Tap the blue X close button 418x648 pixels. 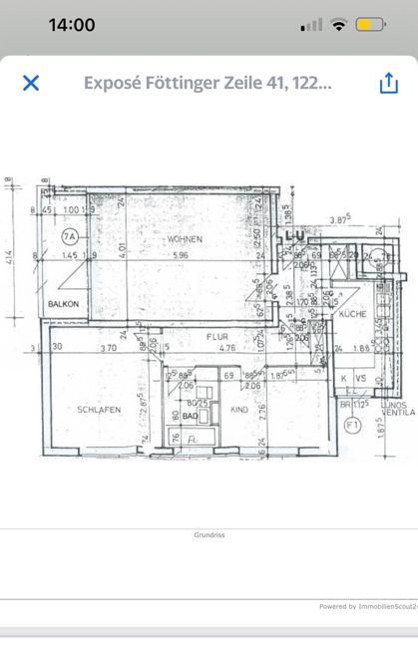[31, 83]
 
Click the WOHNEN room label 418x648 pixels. [186, 239]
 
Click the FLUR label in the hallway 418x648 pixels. [217, 337]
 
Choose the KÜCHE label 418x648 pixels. [353, 314]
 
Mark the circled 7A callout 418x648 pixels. [69, 237]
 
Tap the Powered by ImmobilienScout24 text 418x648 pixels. [365, 606]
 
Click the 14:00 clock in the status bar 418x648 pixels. [72, 25]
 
